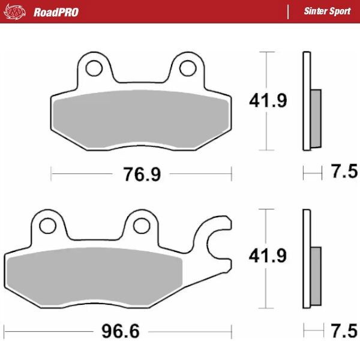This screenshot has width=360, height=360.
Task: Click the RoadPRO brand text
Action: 56,12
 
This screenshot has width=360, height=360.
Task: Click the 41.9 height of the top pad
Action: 268,101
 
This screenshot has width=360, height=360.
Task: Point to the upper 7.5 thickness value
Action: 344,173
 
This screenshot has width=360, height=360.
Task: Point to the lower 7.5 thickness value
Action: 344,330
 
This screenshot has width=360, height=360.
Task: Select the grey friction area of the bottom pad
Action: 96,276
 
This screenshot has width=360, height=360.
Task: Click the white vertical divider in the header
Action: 289,12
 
